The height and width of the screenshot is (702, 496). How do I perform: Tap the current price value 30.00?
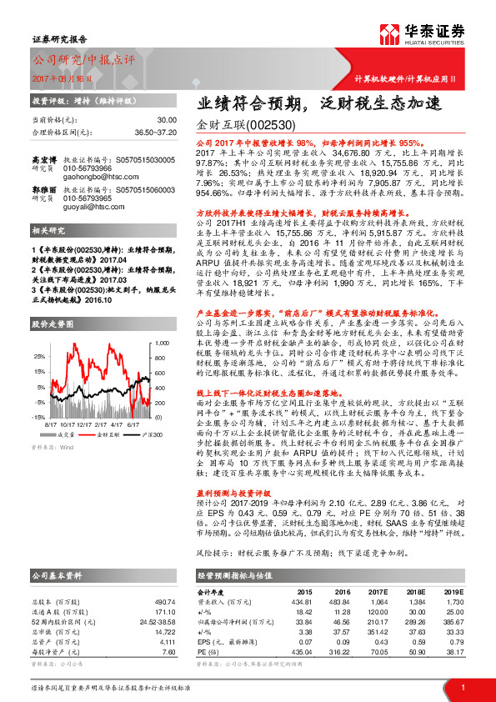pos(168,121)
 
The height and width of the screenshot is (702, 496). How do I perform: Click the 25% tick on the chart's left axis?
pos(38,356)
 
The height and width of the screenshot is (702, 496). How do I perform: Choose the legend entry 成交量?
pos(68,434)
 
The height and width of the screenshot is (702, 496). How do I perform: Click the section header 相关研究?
pos(49,253)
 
